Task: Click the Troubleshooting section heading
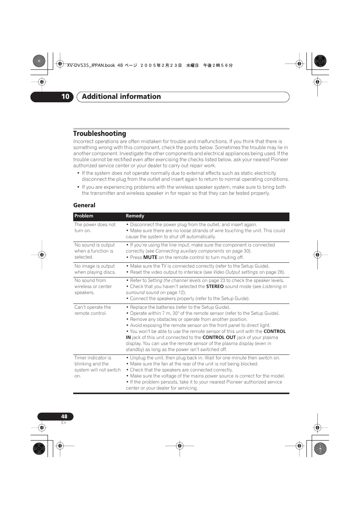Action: pyautogui.click(x=100, y=134)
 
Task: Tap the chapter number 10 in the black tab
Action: pyautogui.click(x=65, y=97)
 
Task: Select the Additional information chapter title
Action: pyautogui.click(x=121, y=97)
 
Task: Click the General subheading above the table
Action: pyautogui.click(x=84, y=205)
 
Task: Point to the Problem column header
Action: pyautogui.click(x=84, y=216)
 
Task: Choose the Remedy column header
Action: pyautogui.click(x=135, y=216)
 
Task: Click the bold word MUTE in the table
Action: pyautogui.click(x=150, y=257)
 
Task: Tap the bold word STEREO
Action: pyautogui.click(x=215, y=287)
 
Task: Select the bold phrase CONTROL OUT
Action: pyautogui.click(x=219, y=337)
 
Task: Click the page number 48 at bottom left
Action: pyautogui.click(x=64, y=416)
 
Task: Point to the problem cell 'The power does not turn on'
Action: pyautogui.click(x=95, y=228)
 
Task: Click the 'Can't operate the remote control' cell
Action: pyautogui.click(x=92, y=310)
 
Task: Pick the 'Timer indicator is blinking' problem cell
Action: pyautogui.click(x=97, y=367)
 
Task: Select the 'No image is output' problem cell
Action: pyautogui.click(x=95, y=269)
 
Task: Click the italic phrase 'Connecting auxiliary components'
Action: pyautogui.click(x=189, y=251)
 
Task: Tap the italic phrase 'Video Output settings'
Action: pyautogui.click(x=235, y=272)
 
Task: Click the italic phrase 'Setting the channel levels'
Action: pyautogui.click(x=174, y=280)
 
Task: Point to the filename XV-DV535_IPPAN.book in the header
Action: pyautogui.click(x=91, y=65)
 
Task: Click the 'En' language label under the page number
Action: pyautogui.click(x=64, y=423)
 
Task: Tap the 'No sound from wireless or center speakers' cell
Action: pyautogui.click(x=93, y=287)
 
